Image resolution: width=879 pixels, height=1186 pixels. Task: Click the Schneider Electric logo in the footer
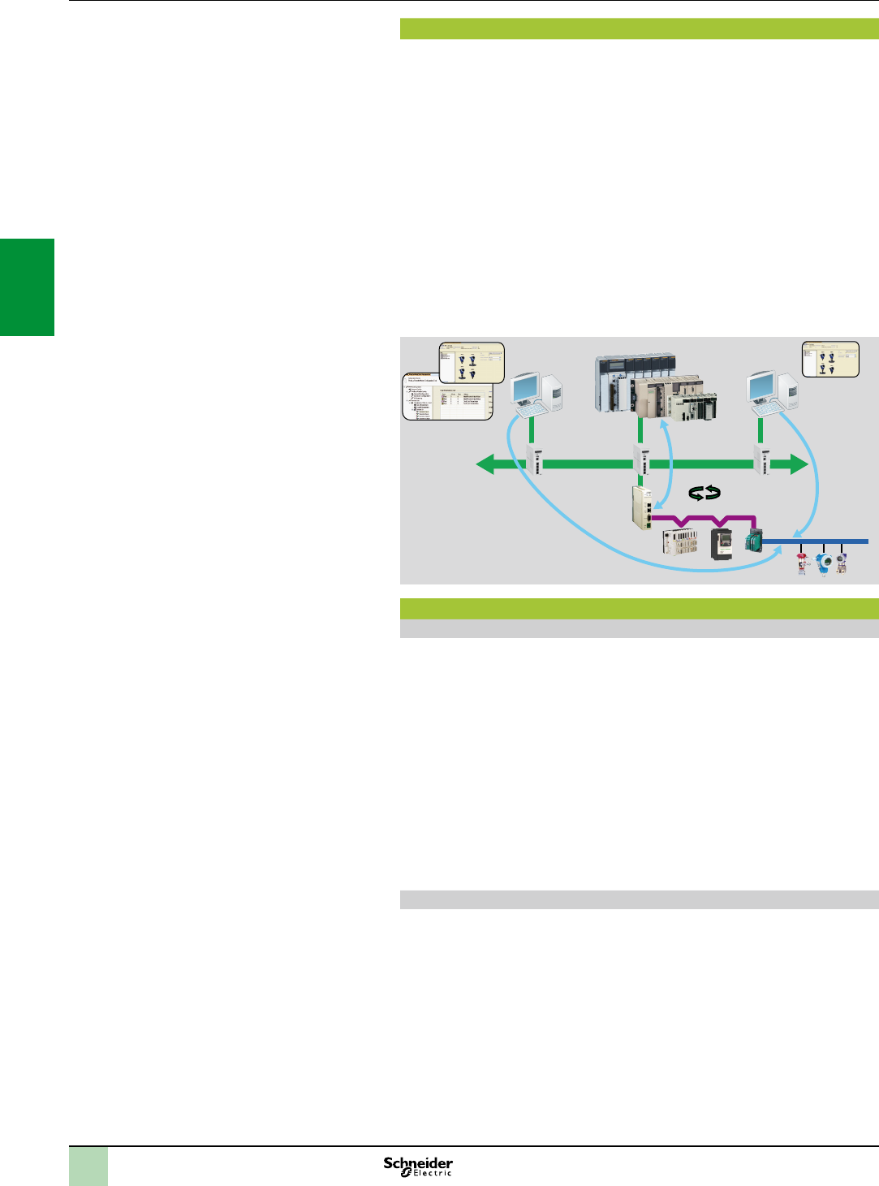(418, 1167)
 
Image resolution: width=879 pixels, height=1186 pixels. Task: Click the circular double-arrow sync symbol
(704, 493)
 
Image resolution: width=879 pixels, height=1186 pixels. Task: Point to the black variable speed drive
(722, 543)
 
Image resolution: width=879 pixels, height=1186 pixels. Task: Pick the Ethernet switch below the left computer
(535, 460)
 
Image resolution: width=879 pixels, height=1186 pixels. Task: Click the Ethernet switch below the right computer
(762, 460)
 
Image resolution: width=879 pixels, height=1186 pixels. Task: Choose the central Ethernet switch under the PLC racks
(641, 460)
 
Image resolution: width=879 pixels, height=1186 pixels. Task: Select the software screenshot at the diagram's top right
(829, 359)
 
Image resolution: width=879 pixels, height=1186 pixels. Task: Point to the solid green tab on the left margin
(27, 287)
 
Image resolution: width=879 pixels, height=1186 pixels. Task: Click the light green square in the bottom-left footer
(88, 1167)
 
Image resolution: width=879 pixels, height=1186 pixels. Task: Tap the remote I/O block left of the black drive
(679, 541)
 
